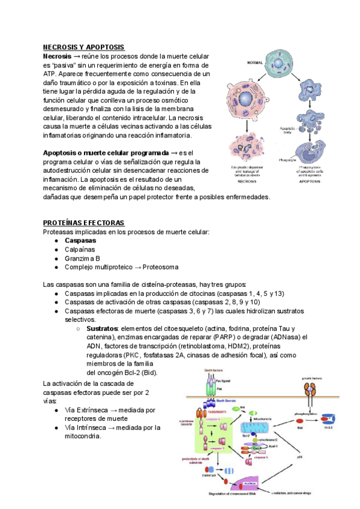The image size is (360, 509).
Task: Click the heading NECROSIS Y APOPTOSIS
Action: (x=83, y=47)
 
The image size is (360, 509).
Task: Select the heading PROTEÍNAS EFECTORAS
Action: (x=83, y=223)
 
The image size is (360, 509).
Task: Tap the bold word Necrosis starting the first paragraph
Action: (x=57, y=56)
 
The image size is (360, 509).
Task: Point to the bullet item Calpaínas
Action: (x=80, y=249)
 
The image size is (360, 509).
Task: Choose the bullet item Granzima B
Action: (x=82, y=258)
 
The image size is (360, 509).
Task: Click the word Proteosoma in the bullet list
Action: (x=158, y=267)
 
